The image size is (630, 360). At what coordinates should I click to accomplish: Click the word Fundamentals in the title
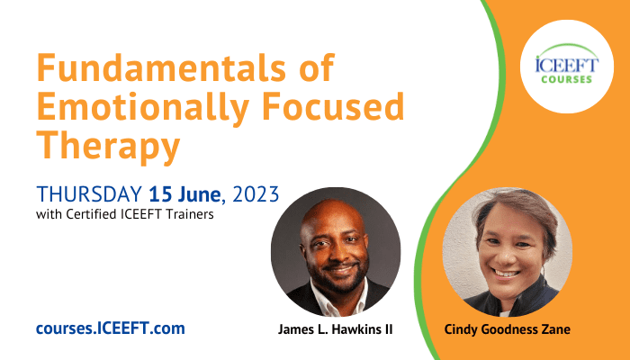[x=161, y=67]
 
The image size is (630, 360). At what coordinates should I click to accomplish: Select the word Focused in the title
[x=333, y=106]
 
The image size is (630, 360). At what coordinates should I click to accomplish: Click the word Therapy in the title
[x=108, y=147]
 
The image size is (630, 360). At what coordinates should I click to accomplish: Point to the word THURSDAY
[x=89, y=194]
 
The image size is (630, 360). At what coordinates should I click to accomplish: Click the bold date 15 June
[x=184, y=194]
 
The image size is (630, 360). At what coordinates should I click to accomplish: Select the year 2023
[x=256, y=194]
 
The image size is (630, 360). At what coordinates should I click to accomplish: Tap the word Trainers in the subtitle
[x=190, y=214]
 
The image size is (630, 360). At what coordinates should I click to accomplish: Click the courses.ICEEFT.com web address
[x=111, y=328]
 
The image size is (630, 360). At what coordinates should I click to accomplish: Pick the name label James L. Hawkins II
[x=335, y=329]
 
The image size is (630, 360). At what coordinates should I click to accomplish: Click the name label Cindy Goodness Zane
[x=507, y=329]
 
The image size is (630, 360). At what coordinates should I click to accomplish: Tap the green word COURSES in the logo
[x=566, y=79]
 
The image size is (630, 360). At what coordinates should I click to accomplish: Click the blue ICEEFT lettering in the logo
[x=567, y=65]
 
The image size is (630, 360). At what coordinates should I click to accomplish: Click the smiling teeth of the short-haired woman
[x=506, y=274]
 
